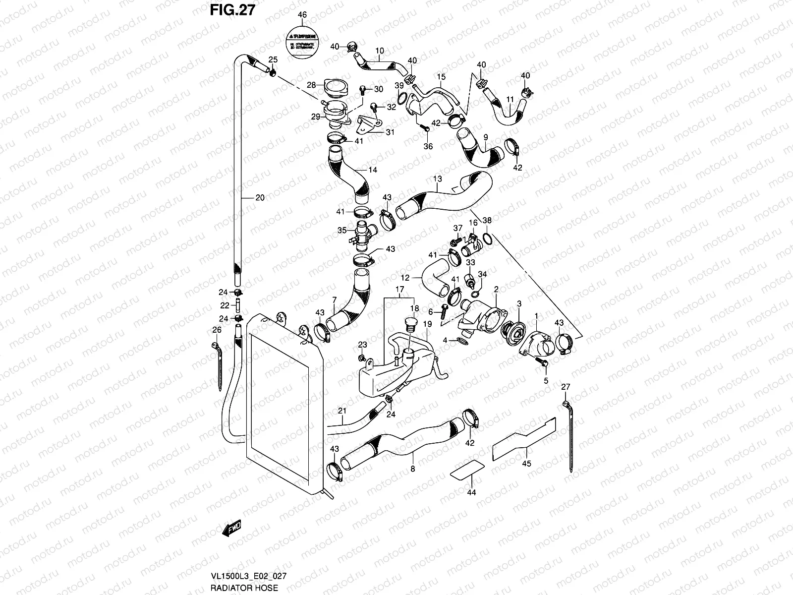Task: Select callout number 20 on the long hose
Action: click(260, 198)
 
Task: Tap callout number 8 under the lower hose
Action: click(412, 468)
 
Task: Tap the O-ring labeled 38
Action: click(487, 239)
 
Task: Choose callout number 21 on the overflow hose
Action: click(341, 411)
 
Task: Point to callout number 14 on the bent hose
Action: click(373, 170)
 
